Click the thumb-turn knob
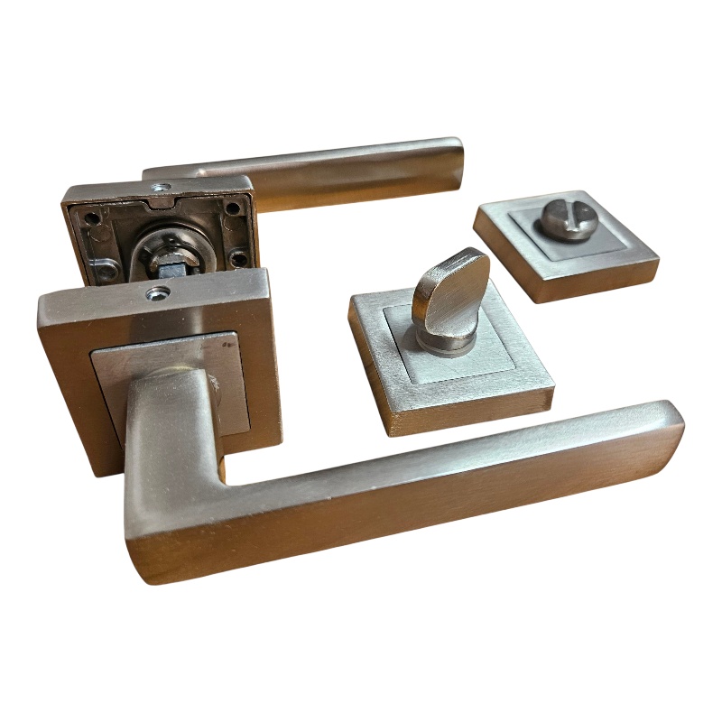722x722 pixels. click(x=449, y=288)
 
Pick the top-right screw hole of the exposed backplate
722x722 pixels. click(x=234, y=208)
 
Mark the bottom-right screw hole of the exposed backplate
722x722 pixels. click(x=237, y=260)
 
